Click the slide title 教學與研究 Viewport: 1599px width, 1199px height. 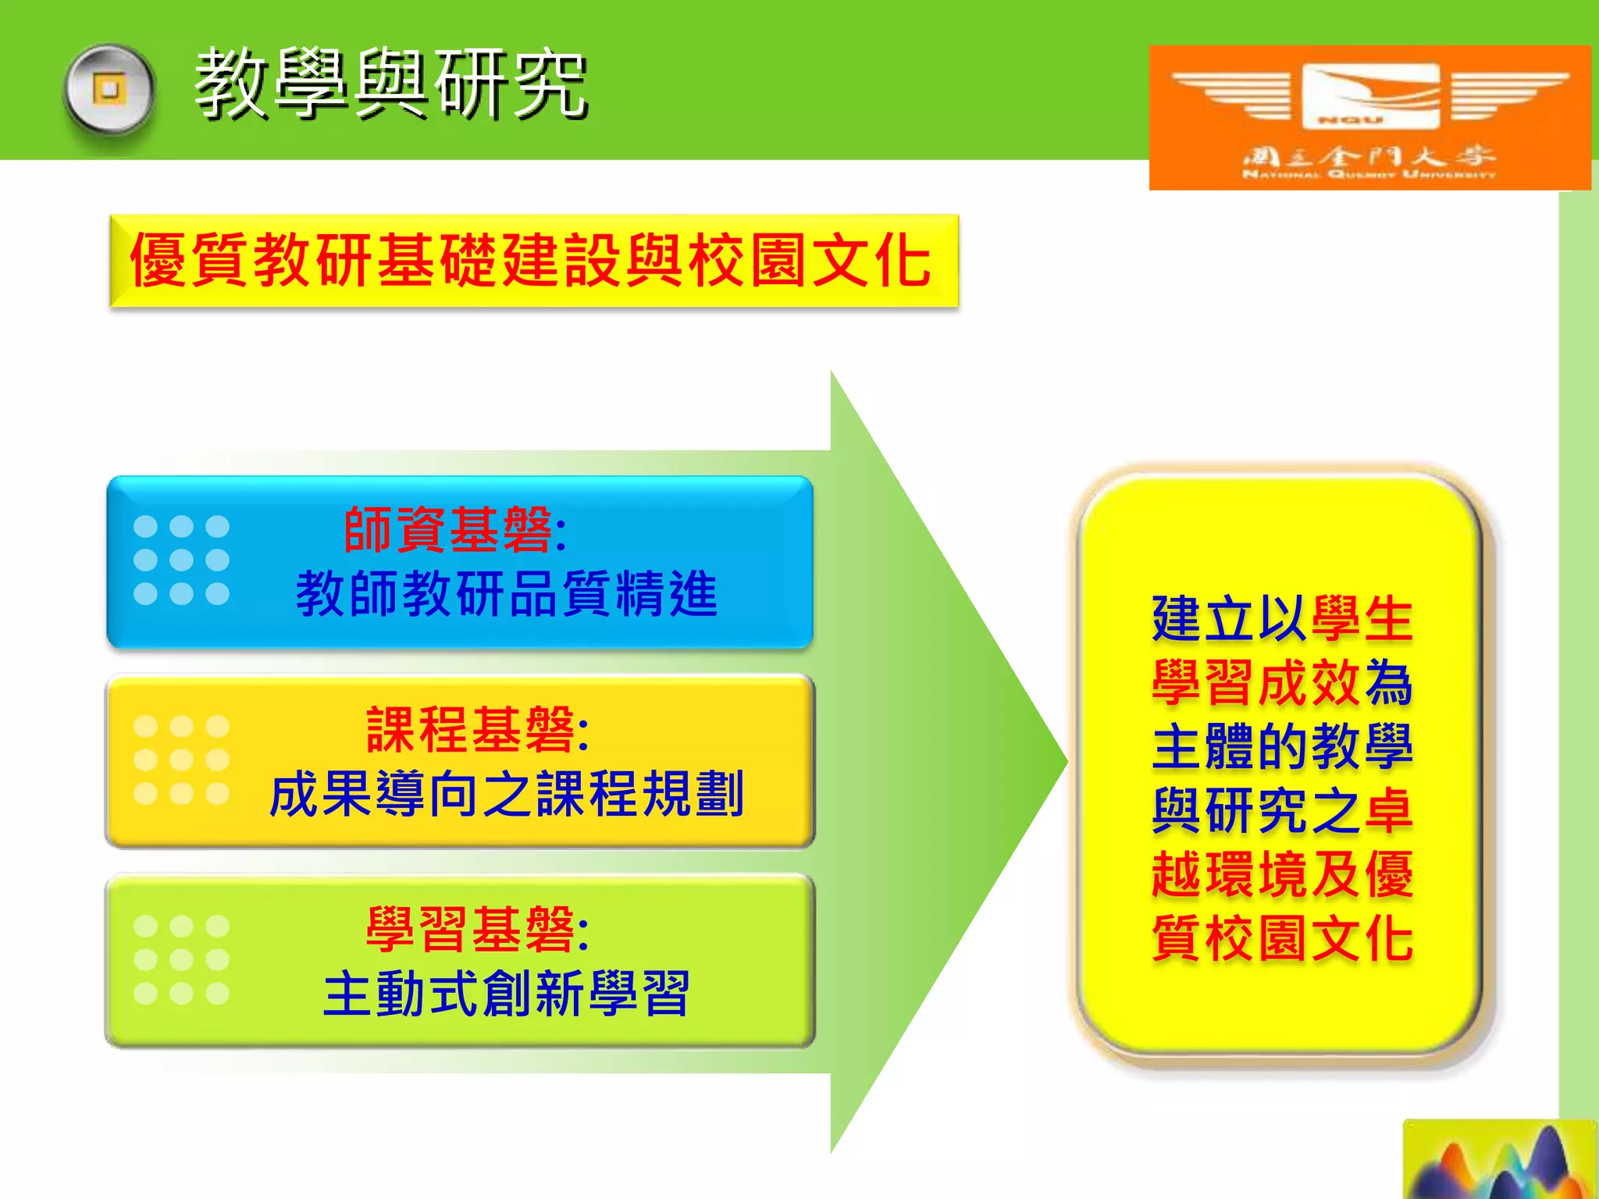(390, 84)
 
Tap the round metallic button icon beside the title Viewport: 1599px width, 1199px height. (109, 90)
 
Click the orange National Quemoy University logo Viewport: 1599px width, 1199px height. (1369, 117)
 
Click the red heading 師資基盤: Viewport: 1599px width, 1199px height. (455, 530)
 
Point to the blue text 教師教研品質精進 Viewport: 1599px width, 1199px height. (506, 594)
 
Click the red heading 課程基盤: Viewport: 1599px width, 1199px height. (477, 730)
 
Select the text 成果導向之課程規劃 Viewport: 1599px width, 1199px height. (506, 794)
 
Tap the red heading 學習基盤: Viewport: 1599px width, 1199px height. (477, 930)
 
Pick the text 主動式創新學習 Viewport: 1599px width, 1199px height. (506, 994)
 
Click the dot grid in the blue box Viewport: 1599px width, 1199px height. (181, 560)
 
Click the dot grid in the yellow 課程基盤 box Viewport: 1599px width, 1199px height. (181, 760)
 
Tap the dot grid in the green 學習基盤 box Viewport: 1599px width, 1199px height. (181, 959)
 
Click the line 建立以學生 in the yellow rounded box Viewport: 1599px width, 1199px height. (1281, 619)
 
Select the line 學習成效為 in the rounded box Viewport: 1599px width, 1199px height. (1281, 683)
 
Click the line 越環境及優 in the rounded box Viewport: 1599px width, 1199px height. (1281, 874)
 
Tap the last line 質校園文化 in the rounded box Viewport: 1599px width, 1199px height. (1281, 938)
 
